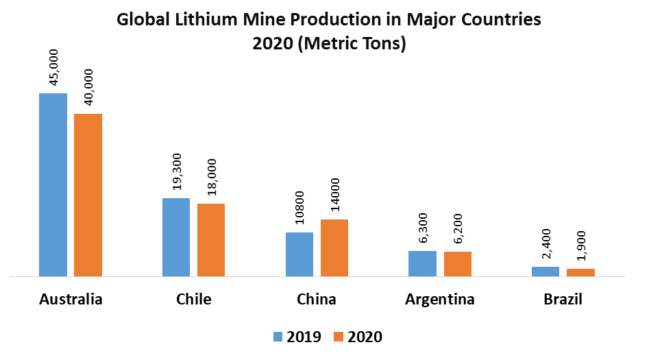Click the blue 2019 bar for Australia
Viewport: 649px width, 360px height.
pos(53,185)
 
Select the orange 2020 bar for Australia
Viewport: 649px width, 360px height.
pos(88,195)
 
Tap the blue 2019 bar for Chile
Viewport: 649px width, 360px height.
pos(176,237)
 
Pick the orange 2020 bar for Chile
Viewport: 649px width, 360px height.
pos(211,240)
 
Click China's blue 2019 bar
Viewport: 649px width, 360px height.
pos(299,254)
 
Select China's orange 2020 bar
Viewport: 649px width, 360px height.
pos(334,248)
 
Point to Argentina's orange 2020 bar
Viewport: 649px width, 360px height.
pos(457,264)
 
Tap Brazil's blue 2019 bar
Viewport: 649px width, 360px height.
pos(546,272)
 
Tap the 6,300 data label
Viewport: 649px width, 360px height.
pos(423,228)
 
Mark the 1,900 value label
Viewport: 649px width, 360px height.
pos(580,246)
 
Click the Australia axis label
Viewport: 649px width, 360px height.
pos(71,300)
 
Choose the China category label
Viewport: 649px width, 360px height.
pos(317,300)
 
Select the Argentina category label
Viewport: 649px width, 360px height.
pos(439,300)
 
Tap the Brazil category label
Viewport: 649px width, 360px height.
pos(563,300)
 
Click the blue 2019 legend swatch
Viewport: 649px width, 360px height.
pos(278,337)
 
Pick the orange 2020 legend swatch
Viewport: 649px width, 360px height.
pos(339,337)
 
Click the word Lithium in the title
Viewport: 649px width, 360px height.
pos(197,20)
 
